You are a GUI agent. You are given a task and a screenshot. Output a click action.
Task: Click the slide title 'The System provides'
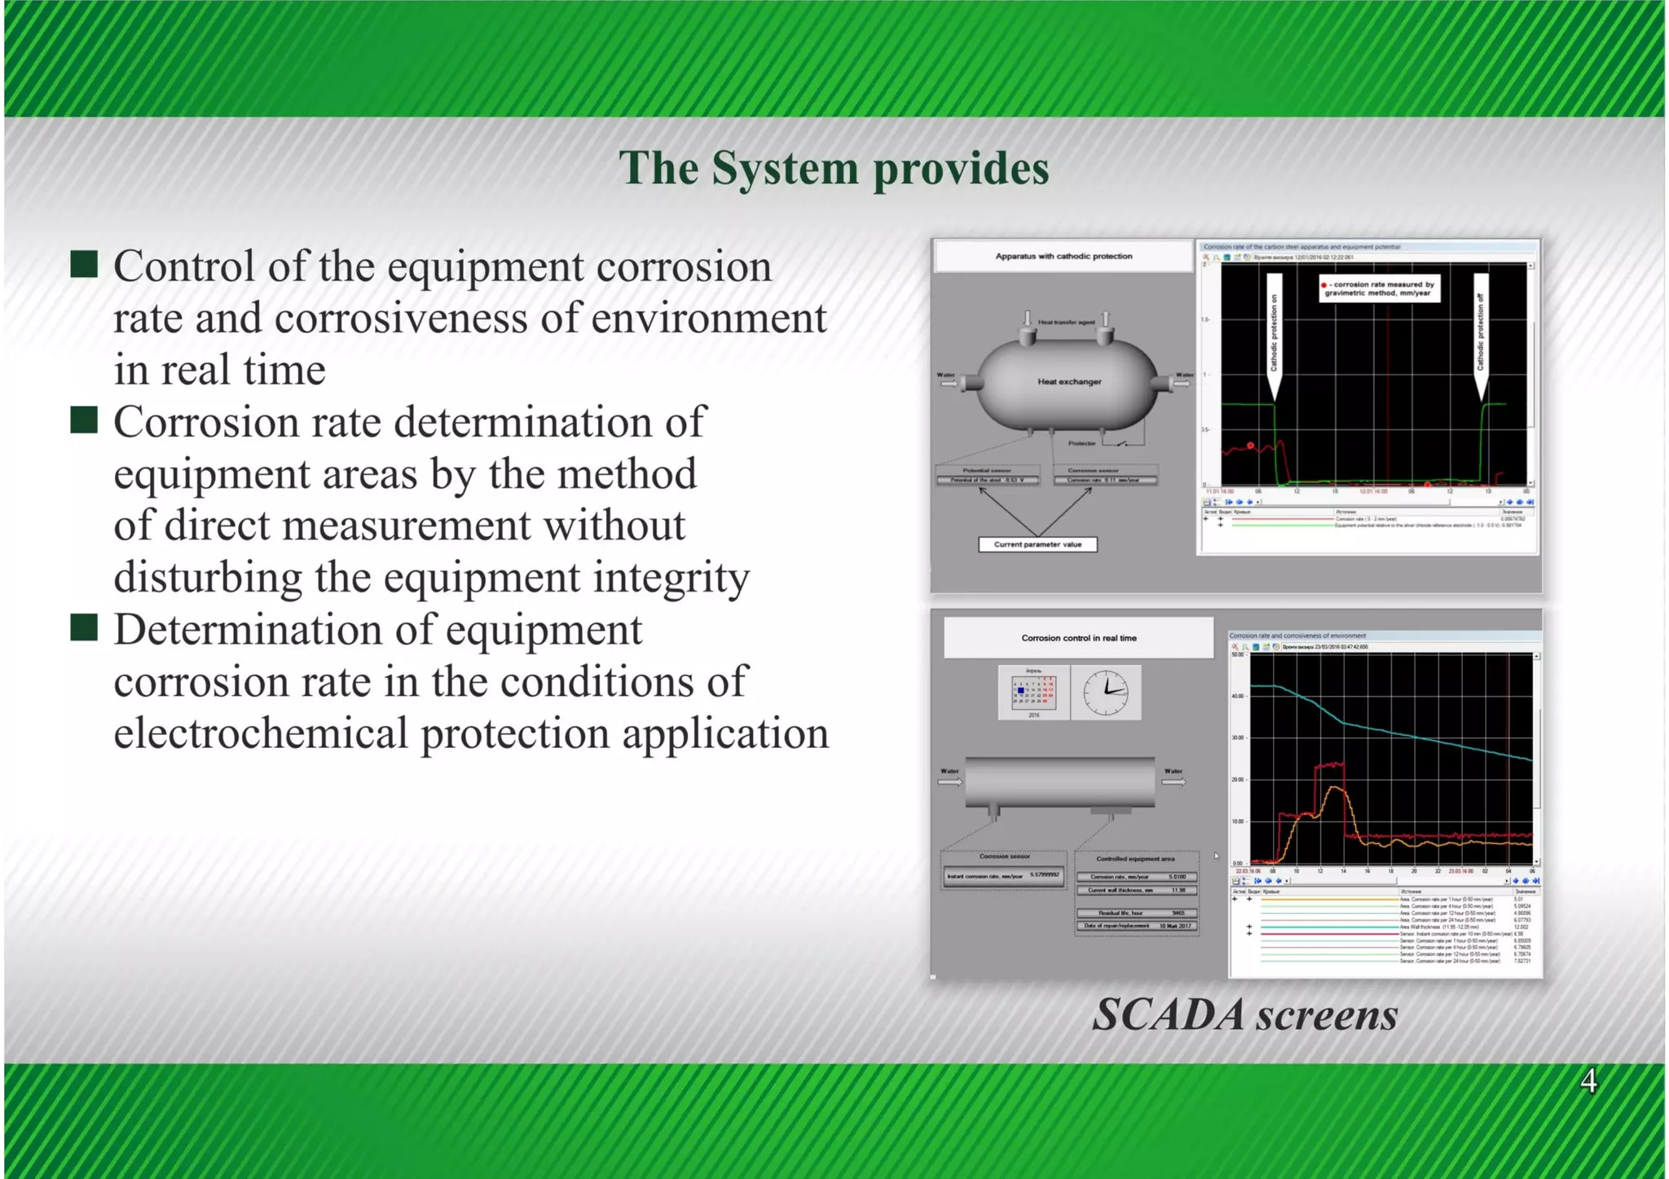click(x=834, y=169)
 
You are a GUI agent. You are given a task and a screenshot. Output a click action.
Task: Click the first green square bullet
click(x=84, y=264)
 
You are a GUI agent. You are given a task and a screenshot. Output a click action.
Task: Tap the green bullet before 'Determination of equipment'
click(x=84, y=627)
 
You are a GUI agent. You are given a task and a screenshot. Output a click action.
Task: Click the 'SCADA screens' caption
click(x=1244, y=1015)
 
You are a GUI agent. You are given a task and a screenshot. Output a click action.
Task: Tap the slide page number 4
click(x=1588, y=1081)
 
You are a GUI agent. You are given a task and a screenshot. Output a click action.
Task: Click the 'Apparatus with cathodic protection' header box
click(x=1063, y=256)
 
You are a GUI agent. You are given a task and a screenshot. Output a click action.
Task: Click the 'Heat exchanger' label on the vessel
click(x=1069, y=381)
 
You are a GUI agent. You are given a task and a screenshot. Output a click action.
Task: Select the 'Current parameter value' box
click(x=1037, y=544)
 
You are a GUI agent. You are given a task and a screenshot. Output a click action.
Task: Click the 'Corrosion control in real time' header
click(x=1078, y=638)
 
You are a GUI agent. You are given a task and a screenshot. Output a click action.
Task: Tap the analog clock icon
click(x=1106, y=693)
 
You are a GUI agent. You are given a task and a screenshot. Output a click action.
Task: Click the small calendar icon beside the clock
click(x=1033, y=693)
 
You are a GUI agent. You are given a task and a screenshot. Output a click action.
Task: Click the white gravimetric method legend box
click(x=1379, y=288)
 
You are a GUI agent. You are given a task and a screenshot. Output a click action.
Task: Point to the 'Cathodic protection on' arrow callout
click(x=1275, y=334)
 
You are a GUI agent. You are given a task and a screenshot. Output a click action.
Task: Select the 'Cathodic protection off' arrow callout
click(x=1481, y=334)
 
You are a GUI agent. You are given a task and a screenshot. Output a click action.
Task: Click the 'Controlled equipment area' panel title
click(x=1135, y=858)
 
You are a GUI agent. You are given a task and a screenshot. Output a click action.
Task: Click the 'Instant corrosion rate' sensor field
click(x=1003, y=876)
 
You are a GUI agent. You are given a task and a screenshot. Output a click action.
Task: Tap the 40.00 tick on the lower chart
click(x=1238, y=696)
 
